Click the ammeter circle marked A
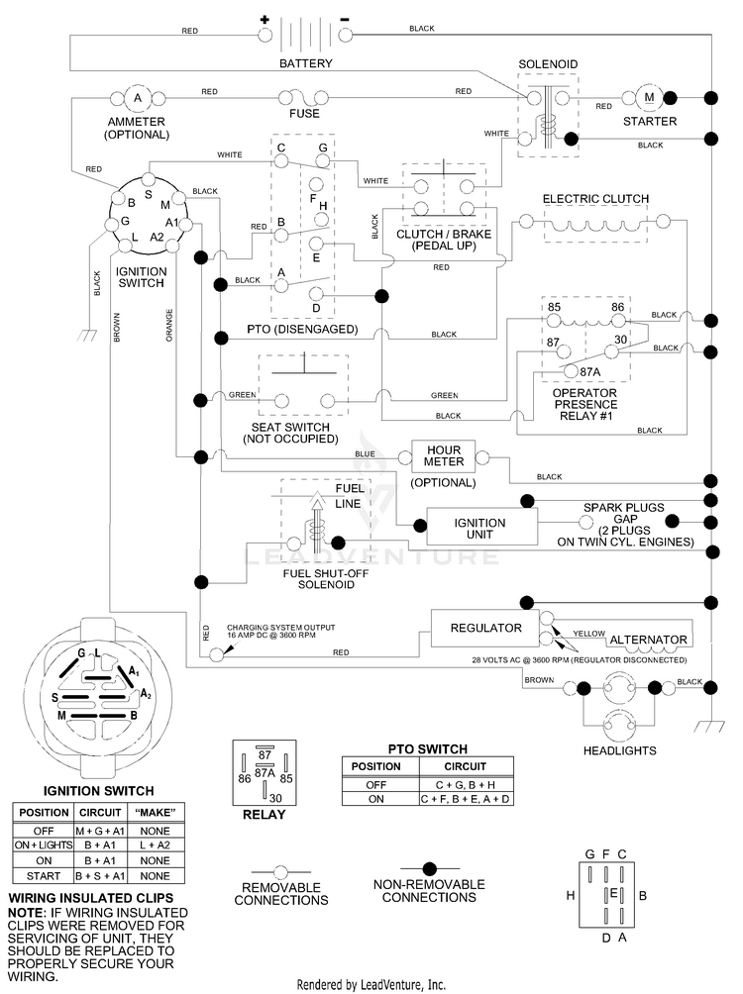(x=138, y=98)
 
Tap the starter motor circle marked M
(x=649, y=98)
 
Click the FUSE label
(x=304, y=114)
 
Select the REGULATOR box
(x=485, y=629)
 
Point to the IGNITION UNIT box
(x=481, y=527)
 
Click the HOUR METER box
(x=444, y=455)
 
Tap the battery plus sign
(x=265, y=20)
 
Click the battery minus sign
(x=345, y=20)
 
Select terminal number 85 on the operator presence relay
(x=554, y=307)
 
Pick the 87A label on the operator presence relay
(x=590, y=372)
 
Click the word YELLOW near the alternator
(x=588, y=634)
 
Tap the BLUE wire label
(x=365, y=453)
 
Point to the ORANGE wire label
(x=169, y=325)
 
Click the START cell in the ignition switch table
(x=44, y=876)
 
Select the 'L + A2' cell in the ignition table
(x=156, y=845)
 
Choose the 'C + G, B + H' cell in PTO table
(x=466, y=785)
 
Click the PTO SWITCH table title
(x=428, y=748)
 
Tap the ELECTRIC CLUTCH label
(x=595, y=198)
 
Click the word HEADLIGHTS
(x=620, y=750)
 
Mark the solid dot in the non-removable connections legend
(x=430, y=868)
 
